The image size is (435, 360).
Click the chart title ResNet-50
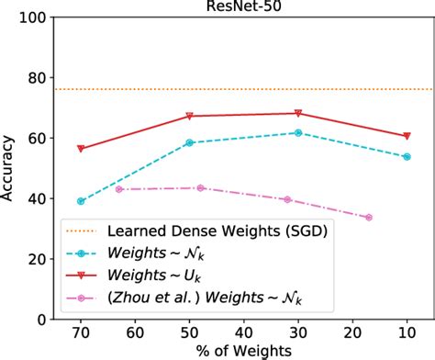pos(244,7)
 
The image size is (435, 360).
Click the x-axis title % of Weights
pos(244,351)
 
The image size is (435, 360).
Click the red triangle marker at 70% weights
pos(81,149)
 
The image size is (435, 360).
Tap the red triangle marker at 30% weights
pos(298,114)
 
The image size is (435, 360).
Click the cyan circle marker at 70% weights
pos(81,201)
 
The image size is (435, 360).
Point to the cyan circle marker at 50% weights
pos(190,143)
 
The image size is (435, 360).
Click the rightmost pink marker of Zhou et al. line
pos(369,218)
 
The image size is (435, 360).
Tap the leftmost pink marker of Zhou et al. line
pos(119,189)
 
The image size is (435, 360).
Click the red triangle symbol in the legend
pos(84,275)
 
